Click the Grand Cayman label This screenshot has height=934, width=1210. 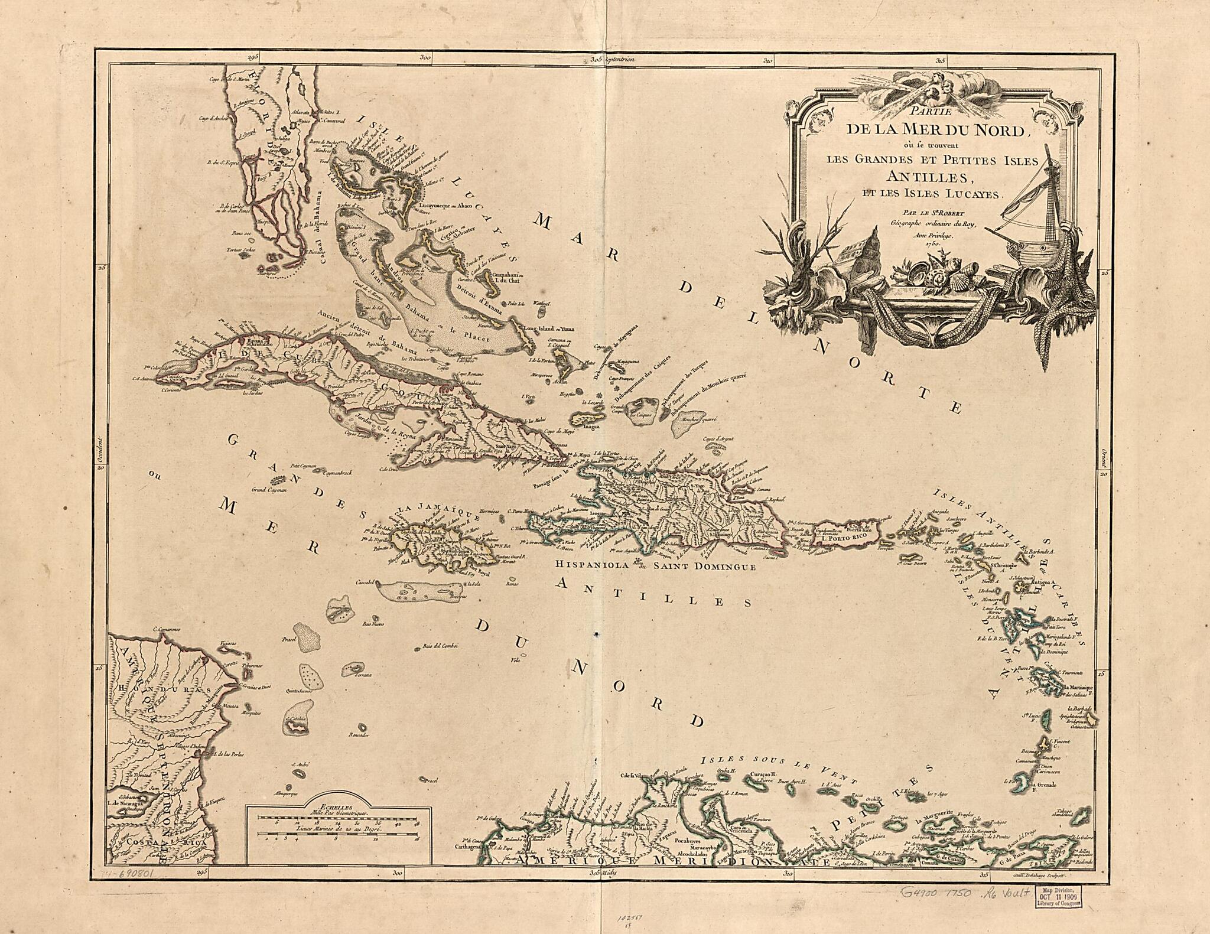coord(269,490)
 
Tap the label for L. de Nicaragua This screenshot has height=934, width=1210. coord(127,802)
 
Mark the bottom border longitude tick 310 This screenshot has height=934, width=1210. coord(787,890)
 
